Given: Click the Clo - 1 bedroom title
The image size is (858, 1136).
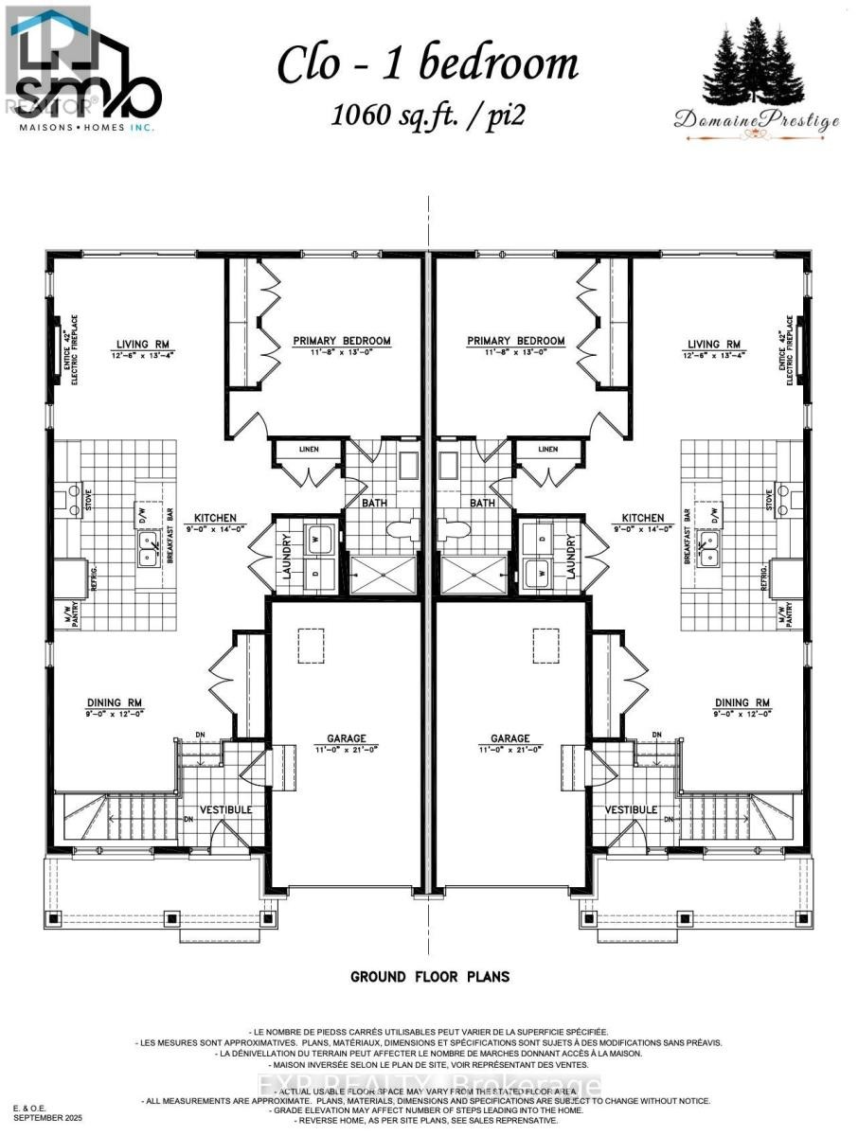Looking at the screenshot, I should click(x=427, y=64).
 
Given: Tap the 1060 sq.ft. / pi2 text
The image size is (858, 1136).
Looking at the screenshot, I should click(x=427, y=115).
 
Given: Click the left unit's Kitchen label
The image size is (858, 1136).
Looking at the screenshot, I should click(x=215, y=519).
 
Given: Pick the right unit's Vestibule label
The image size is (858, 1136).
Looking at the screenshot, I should click(x=631, y=810).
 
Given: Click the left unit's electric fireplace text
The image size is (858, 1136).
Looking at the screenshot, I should click(x=73, y=351).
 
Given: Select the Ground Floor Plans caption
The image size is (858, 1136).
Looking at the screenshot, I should click(x=430, y=977).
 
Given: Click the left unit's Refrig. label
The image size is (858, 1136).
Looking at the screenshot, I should click(x=93, y=578).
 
